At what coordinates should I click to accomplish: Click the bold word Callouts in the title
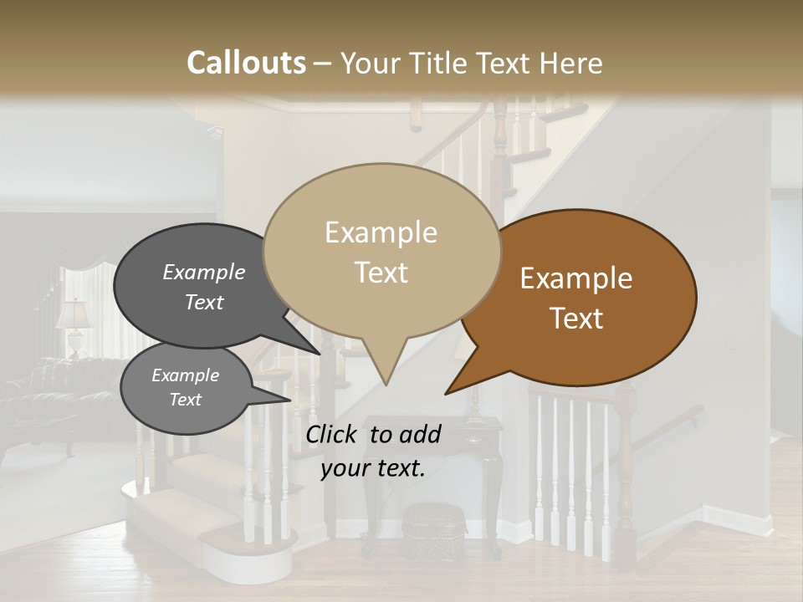[246, 63]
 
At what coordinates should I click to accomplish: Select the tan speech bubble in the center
[381, 251]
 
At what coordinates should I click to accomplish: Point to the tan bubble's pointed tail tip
[386, 384]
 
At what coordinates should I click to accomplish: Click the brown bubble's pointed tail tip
[447, 393]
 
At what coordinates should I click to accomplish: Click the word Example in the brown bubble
[576, 278]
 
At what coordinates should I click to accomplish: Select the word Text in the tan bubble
[381, 273]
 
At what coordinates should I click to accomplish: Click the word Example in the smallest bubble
[186, 375]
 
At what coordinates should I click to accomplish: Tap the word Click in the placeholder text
[333, 434]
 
